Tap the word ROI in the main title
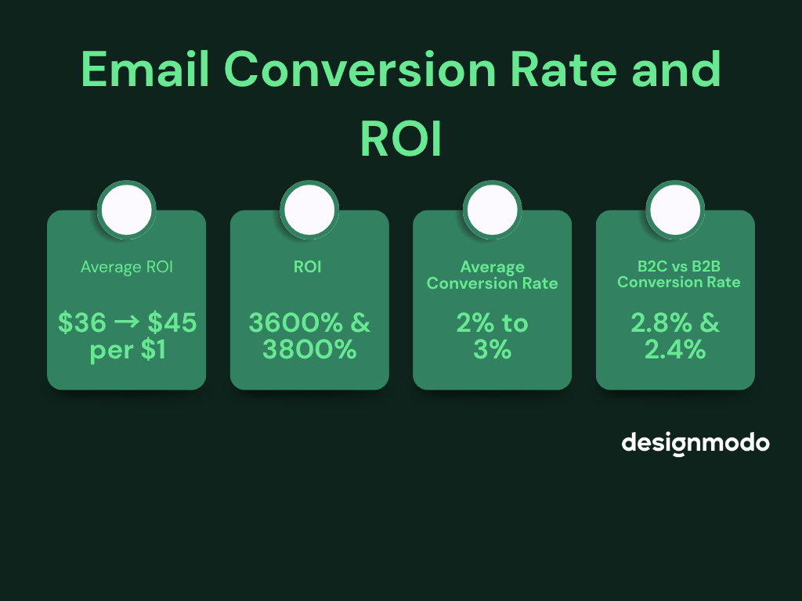[x=400, y=140]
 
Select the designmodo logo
[x=695, y=443]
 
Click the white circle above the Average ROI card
[x=126, y=210]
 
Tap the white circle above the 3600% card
[x=309, y=210]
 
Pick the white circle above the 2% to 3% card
[x=492, y=210]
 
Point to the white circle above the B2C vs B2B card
[x=675, y=210]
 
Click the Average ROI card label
[x=126, y=267]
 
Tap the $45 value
[x=172, y=323]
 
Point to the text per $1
[x=128, y=350]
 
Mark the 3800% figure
[x=309, y=350]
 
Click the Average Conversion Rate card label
[x=492, y=275]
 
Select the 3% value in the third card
[x=492, y=350]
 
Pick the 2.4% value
[x=675, y=350]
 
